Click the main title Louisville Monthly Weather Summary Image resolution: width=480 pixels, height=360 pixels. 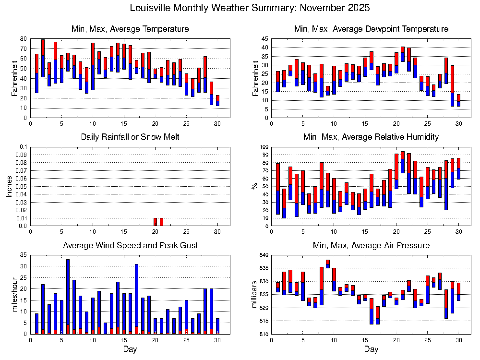250,8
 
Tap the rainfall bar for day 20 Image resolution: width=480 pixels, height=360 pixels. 155,222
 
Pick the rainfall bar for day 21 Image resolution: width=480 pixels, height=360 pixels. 161,222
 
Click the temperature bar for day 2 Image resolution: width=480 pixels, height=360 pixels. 43,58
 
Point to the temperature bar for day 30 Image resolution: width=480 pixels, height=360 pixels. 217,100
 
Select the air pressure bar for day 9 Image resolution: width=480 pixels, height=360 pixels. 328,264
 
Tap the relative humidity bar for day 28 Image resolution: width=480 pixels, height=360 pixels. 446,185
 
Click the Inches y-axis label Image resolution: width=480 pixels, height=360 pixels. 9,186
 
